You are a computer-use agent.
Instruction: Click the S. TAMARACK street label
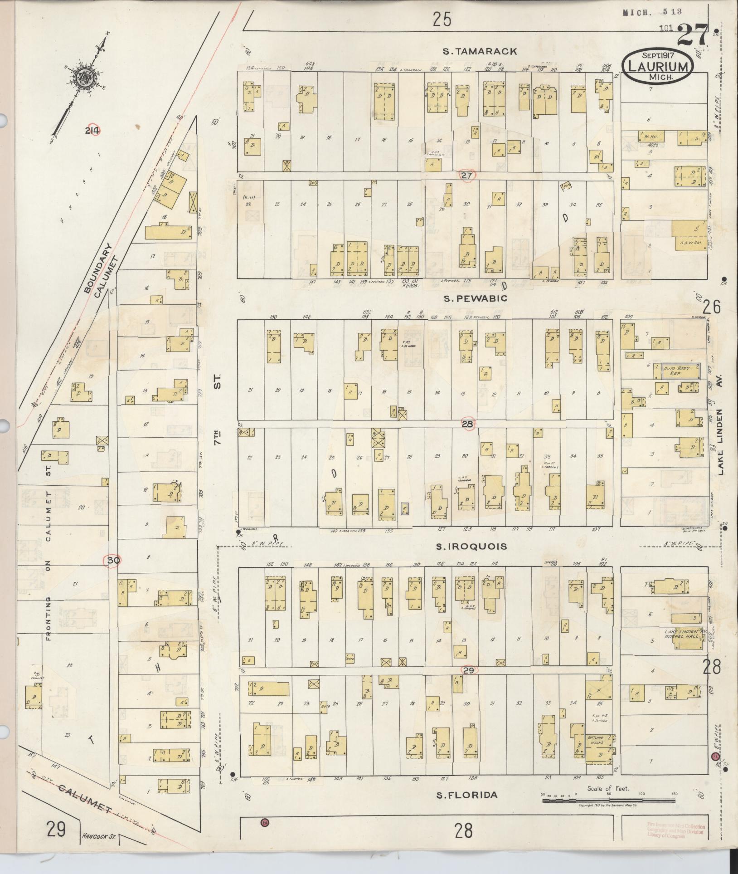coord(480,51)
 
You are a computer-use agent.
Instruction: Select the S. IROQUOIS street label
coord(471,547)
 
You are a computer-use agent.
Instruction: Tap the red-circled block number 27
coord(466,175)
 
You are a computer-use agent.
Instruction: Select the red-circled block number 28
coord(468,424)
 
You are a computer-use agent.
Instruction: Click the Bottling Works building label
coord(599,741)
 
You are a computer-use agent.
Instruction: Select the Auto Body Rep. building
coord(676,371)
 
